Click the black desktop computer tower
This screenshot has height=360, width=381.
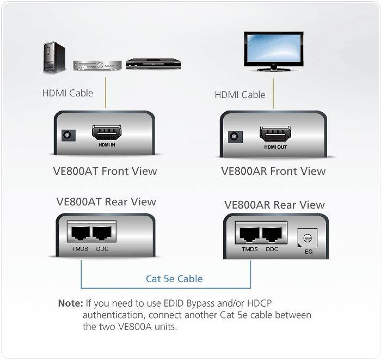pos(54,58)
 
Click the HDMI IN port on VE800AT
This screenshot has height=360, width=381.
pos(106,133)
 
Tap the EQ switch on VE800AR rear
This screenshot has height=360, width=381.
pos(306,237)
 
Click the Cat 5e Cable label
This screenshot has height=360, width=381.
pos(174,279)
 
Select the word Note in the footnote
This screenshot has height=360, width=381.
pos(70,303)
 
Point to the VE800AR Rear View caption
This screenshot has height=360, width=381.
pos(274,205)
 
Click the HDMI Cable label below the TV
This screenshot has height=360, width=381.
pos(240,95)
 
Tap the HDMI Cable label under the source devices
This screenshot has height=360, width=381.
pos(67,93)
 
